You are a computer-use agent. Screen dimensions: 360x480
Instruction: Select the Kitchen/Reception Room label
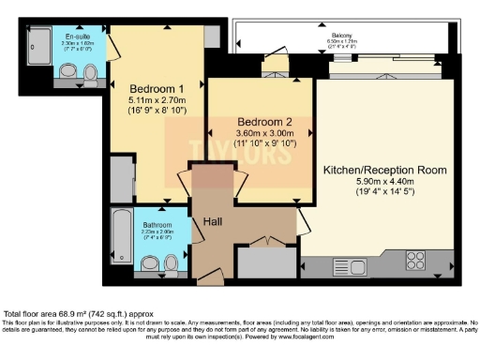pos(384,170)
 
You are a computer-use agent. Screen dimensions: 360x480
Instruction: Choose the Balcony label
pos(341,37)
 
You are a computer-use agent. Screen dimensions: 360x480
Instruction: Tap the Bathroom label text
pos(131,225)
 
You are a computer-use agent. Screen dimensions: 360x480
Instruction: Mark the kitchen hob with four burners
pos(416,258)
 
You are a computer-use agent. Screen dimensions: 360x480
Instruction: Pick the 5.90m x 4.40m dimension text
pos(384,185)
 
